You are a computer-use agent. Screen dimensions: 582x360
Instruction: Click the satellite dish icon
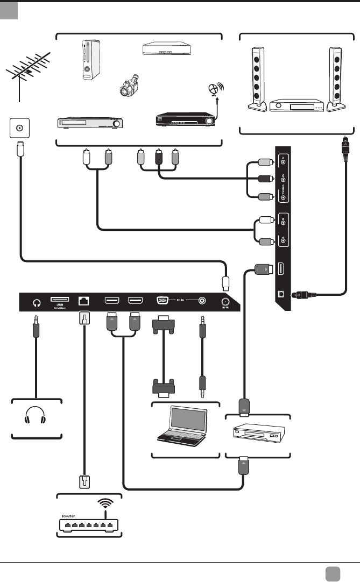click(x=214, y=90)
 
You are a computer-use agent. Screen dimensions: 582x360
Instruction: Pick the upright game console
click(x=89, y=60)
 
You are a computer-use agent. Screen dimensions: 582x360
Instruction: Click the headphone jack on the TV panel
click(x=37, y=302)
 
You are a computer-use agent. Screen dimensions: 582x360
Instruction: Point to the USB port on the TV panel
click(x=59, y=300)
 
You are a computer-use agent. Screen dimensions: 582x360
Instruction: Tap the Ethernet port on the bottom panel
click(x=84, y=301)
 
